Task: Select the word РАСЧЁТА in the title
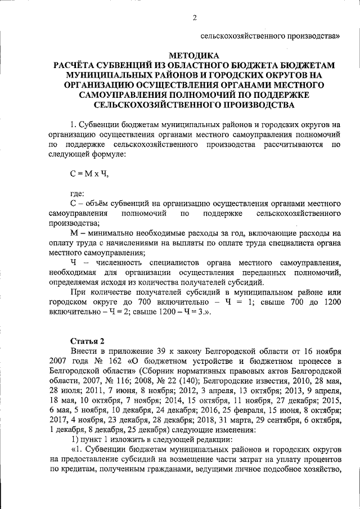click(77, 66)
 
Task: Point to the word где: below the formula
click(77, 194)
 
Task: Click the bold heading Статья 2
click(87, 341)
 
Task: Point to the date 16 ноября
click(323, 352)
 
